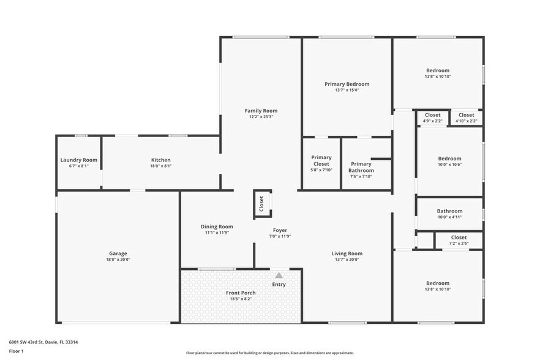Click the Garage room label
(118, 253)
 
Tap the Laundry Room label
(79, 160)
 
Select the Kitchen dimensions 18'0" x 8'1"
(161, 166)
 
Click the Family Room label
(261, 111)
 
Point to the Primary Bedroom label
(347, 84)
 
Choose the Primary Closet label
(321, 160)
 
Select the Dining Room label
(217, 227)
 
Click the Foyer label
(280, 230)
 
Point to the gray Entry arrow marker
(279, 276)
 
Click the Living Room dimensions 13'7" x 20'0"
(347, 260)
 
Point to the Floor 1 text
(16, 351)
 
